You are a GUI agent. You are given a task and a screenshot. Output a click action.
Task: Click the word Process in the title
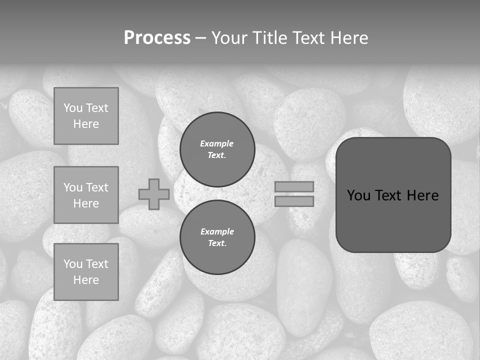click(157, 38)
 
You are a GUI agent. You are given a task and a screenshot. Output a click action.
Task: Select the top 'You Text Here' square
click(86, 116)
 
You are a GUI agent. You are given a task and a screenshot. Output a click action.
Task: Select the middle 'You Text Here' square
click(86, 195)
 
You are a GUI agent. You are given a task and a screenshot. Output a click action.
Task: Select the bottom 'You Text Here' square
click(86, 272)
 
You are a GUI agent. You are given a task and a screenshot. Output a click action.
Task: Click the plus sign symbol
click(154, 194)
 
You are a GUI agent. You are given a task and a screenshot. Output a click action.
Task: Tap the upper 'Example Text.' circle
click(217, 149)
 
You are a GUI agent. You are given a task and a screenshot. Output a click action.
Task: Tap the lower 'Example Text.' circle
click(217, 237)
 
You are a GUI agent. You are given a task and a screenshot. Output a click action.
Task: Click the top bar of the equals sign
click(294, 186)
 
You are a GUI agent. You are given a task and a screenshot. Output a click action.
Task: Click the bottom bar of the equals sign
click(294, 201)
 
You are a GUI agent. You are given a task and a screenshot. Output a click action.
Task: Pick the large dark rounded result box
click(393, 220)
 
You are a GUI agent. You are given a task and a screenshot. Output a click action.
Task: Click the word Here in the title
click(349, 38)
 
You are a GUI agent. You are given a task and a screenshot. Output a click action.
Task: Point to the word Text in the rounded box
click(389, 195)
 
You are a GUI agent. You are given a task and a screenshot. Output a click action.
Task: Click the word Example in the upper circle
click(216, 143)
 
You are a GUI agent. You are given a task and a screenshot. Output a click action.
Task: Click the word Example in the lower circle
click(217, 231)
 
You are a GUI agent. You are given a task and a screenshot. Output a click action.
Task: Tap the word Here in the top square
click(86, 124)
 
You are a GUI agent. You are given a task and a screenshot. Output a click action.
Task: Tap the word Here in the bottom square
click(86, 280)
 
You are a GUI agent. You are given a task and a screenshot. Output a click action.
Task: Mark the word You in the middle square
click(72, 187)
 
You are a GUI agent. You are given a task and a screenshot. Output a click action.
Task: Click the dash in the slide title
click(200, 38)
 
